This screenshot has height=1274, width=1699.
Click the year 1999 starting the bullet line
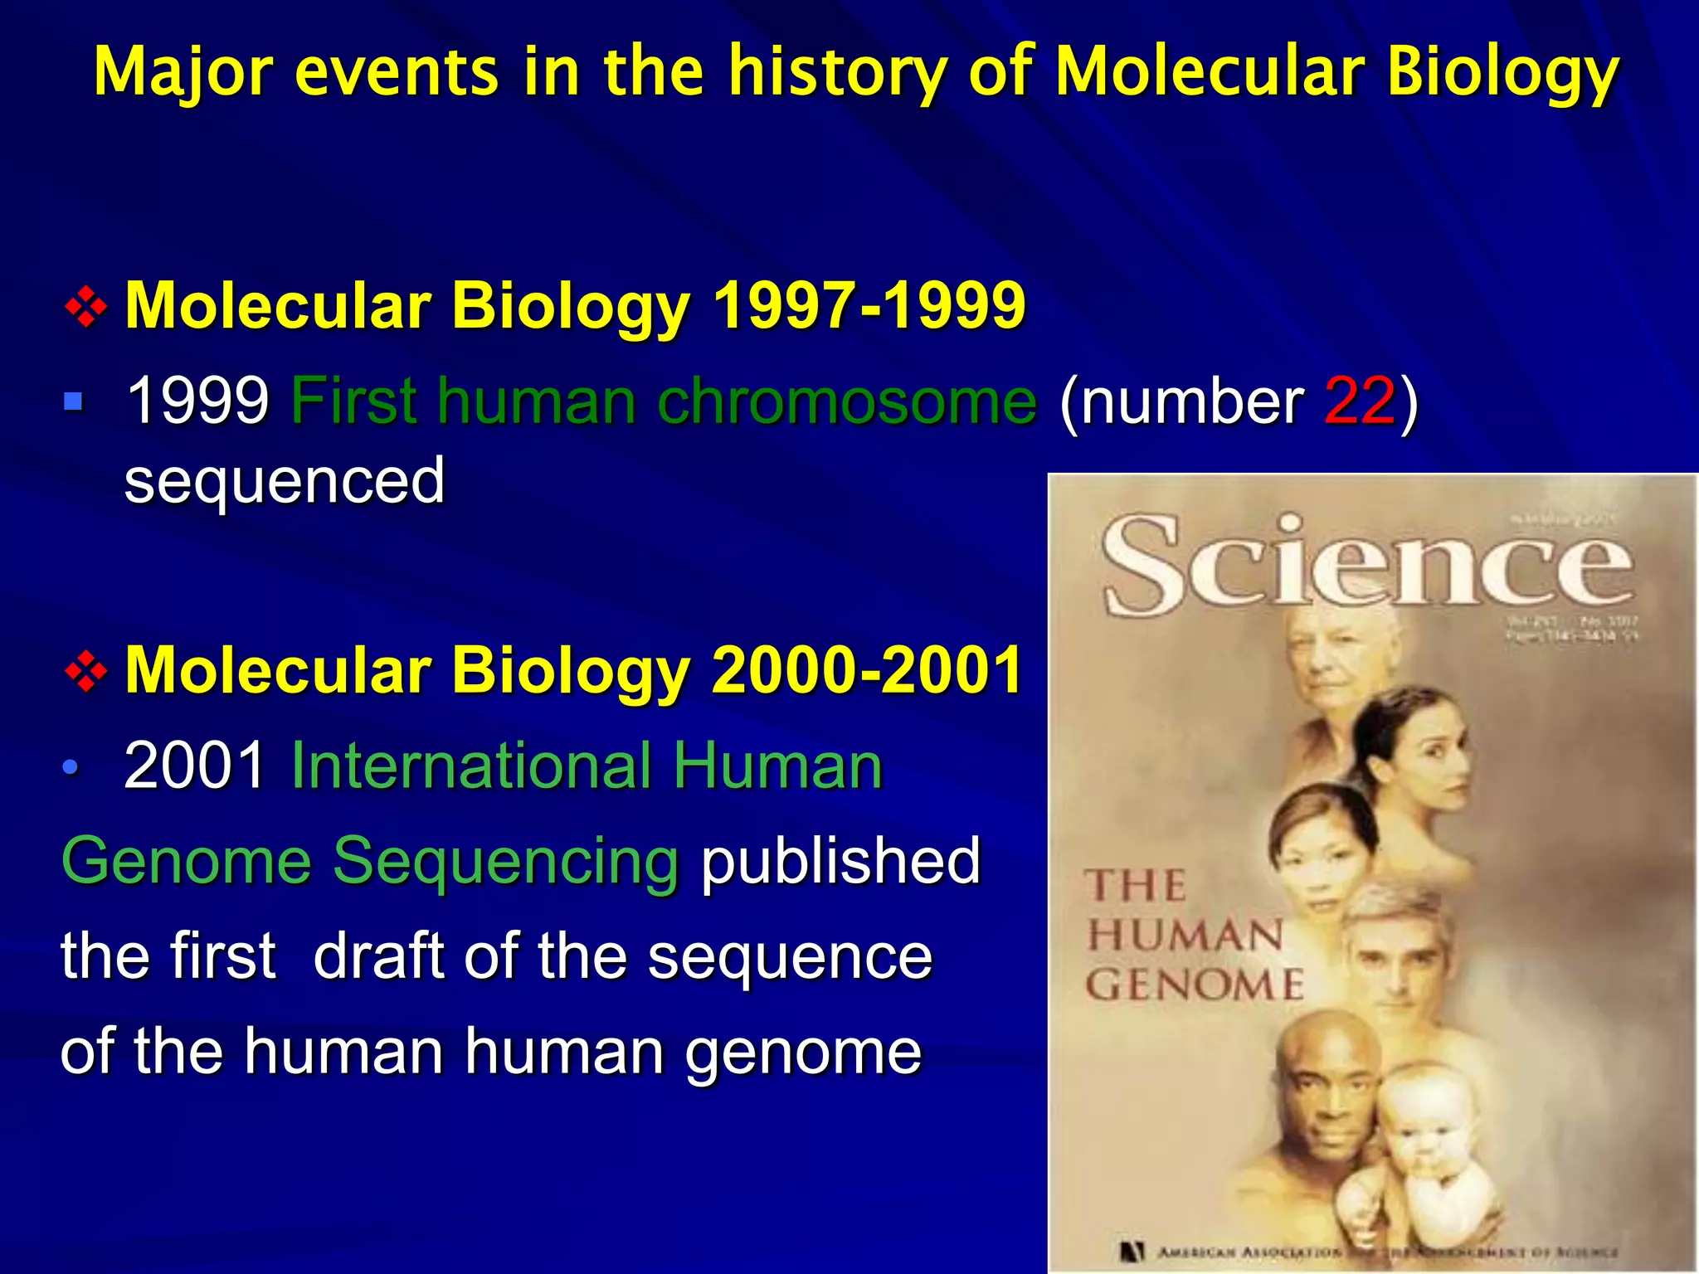pos(197,401)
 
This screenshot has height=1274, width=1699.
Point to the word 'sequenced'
pos(285,481)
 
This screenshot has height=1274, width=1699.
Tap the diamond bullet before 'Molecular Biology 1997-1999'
pos(85,308)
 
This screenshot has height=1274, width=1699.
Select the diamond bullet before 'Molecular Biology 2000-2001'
pos(85,673)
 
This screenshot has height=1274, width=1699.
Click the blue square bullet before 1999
pos(74,403)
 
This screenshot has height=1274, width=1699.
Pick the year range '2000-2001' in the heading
pos(867,670)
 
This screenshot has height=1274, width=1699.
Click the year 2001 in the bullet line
pos(196,765)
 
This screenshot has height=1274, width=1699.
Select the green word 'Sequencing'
pos(506,861)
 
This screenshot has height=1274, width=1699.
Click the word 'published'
pos(840,861)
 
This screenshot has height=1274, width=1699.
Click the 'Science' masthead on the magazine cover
pos(1367,564)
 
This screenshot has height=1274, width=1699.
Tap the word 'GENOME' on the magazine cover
pos(1195,985)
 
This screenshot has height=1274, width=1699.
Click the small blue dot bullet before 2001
pos(71,768)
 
